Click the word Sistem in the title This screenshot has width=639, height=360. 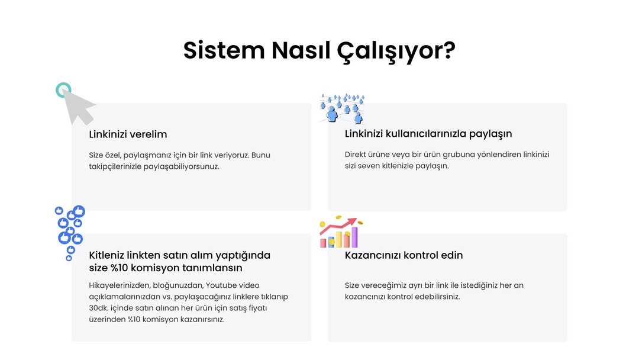(x=224, y=50)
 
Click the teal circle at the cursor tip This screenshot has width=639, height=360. (x=63, y=90)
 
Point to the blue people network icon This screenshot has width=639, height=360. (x=343, y=108)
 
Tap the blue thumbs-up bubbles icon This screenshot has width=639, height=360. (x=70, y=232)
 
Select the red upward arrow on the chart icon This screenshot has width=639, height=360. (x=338, y=226)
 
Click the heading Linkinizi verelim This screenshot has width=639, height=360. (x=128, y=134)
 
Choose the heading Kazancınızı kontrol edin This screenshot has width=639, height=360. (x=404, y=255)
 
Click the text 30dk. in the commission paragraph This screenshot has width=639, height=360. (x=99, y=308)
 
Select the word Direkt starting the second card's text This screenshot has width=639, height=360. (x=356, y=155)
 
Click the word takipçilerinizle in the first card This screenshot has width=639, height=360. (x=115, y=167)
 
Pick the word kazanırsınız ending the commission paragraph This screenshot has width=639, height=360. (x=203, y=319)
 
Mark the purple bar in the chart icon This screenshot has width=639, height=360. (x=354, y=237)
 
